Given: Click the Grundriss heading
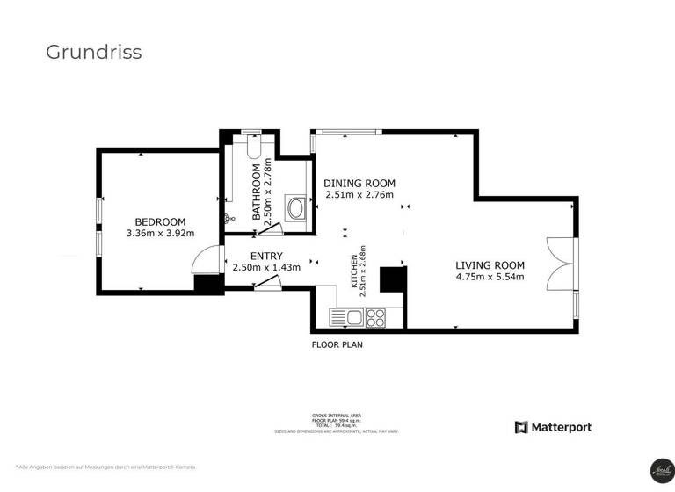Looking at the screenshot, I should click(x=93, y=52).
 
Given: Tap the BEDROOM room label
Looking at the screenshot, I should click(x=160, y=221).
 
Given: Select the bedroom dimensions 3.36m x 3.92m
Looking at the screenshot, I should click(x=160, y=234).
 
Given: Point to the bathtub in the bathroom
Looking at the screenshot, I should click(x=297, y=209).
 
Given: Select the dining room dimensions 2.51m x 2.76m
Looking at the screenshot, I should click(x=359, y=195).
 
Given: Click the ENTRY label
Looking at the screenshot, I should click(x=266, y=256).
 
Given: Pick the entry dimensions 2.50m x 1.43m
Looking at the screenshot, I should click(x=266, y=267).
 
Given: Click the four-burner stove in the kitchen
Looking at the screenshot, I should click(x=377, y=317).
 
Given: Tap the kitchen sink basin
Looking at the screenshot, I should click(x=354, y=317).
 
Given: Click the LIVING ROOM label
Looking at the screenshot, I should click(x=490, y=265).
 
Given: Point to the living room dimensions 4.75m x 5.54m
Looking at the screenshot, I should click(x=490, y=278).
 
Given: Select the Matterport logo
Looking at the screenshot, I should click(x=553, y=427).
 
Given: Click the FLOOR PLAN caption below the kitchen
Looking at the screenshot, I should click(x=337, y=344).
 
